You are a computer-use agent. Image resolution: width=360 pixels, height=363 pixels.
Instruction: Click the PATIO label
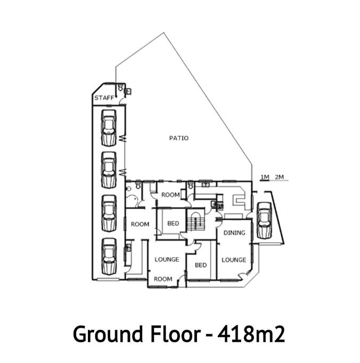(x=178, y=138)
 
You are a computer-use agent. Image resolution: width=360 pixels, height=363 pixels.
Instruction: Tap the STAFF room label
(x=104, y=98)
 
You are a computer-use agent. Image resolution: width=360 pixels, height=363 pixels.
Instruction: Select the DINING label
(x=234, y=233)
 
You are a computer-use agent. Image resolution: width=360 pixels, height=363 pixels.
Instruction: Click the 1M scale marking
(x=265, y=177)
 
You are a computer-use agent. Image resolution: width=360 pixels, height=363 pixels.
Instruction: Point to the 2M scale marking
(x=280, y=177)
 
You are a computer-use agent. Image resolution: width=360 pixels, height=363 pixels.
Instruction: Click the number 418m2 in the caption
(x=251, y=334)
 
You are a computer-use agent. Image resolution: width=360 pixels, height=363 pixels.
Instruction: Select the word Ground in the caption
(x=108, y=334)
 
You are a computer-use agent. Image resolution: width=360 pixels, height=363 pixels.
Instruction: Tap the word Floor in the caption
(x=176, y=334)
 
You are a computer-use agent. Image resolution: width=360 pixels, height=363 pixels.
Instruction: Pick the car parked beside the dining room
(x=264, y=220)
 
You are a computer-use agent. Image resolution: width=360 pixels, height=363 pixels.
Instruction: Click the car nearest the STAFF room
(x=109, y=128)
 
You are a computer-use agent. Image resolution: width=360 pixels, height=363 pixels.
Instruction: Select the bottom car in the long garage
(x=109, y=257)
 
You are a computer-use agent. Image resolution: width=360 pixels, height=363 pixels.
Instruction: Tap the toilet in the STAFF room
(x=120, y=88)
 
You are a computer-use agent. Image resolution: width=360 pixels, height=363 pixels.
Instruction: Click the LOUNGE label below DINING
(x=234, y=260)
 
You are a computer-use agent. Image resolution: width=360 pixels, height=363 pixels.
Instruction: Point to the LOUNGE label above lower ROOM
(x=167, y=260)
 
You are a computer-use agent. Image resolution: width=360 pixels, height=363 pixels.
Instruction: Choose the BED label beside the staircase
(x=173, y=224)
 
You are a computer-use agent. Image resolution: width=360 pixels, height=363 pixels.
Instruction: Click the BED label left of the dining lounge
(x=201, y=265)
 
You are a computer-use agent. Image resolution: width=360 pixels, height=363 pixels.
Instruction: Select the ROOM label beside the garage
(x=140, y=224)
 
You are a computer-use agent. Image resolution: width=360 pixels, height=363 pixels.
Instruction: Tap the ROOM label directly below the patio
(x=170, y=195)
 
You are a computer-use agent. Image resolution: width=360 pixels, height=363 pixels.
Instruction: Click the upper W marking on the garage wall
(x=123, y=139)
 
